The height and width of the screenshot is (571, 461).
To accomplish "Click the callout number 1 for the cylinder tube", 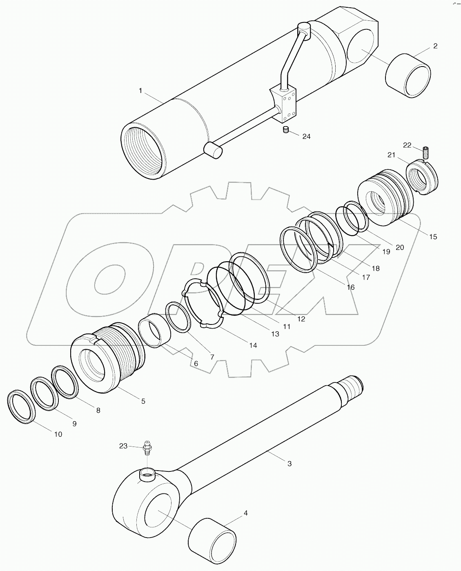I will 140,91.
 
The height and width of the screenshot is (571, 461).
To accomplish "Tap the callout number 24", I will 306,136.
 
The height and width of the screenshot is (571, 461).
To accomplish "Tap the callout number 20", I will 399,247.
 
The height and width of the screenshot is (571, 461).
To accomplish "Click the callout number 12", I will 301,319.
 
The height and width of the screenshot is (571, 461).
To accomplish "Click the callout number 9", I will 74,424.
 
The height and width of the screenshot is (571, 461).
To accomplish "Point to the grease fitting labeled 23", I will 148,448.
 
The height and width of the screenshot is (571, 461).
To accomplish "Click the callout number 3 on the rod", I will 289,464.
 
